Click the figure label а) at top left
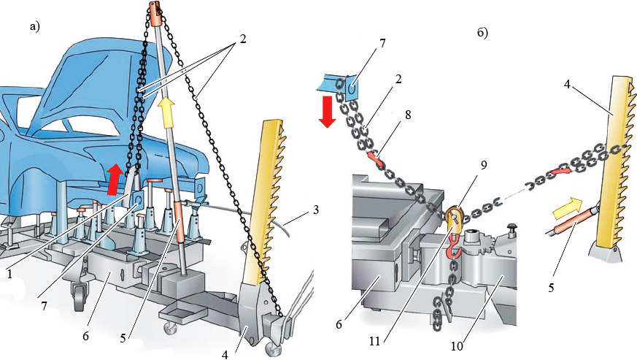[34, 28]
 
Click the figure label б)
[482, 33]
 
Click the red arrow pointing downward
[327, 110]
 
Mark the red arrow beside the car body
[114, 179]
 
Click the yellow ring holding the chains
[453, 217]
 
